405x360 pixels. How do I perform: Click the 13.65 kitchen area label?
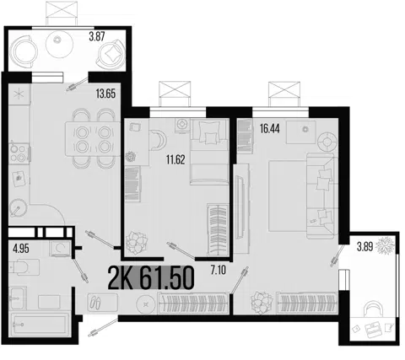point(105,94)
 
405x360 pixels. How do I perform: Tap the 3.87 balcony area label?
point(97,36)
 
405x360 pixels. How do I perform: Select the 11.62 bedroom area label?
point(175,159)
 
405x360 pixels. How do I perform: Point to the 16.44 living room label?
point(269,129)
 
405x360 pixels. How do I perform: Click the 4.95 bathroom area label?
point(21,249)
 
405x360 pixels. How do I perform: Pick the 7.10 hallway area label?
point(219,271)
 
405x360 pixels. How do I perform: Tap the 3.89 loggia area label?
point(364,247)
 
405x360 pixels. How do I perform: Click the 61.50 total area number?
point(167,278)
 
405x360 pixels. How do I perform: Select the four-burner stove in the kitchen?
point(19,153)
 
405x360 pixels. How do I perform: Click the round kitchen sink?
point(18,208)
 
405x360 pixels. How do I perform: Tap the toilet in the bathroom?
point(24,266)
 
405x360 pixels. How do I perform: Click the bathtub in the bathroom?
point(39,325)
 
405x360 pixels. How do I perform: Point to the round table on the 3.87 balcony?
point(59,44)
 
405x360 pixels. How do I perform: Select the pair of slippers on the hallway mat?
point(96,303)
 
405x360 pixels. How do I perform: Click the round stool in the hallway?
point(146,304)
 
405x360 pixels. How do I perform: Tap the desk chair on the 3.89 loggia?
point(372,309)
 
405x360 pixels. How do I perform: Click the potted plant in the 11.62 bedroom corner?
point(137,243)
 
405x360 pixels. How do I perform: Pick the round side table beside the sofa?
point(327,142)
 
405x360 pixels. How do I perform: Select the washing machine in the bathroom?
point(60,248)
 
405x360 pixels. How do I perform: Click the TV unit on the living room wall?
point(241,209)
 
